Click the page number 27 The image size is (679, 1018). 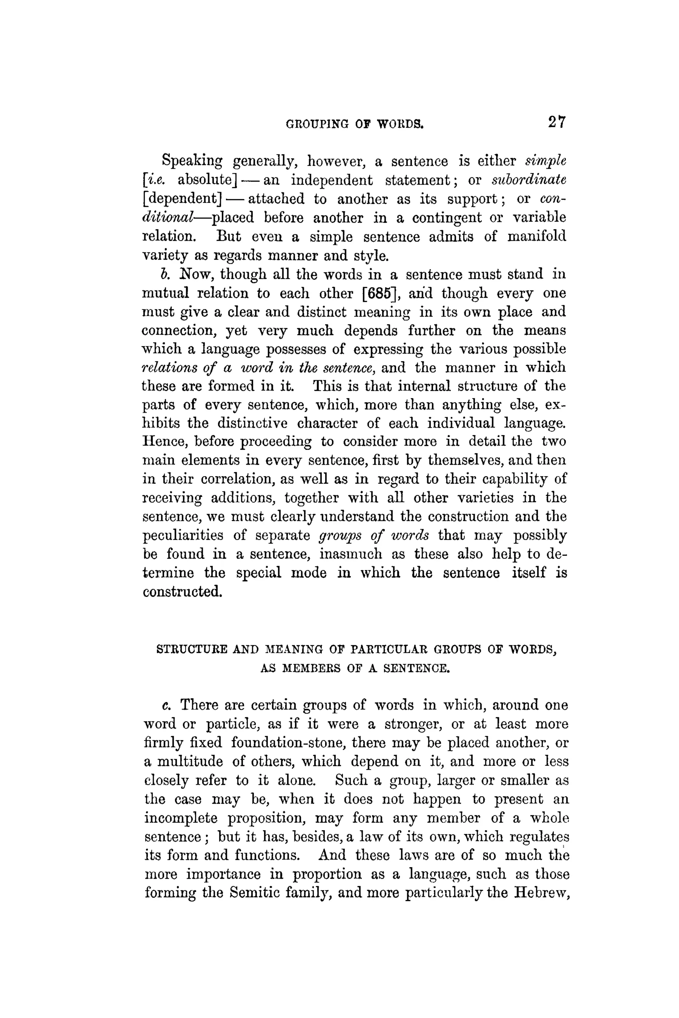pyautogui.click(x=556, y=123)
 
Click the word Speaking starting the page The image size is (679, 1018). pyautogui.click(x=192, y=161)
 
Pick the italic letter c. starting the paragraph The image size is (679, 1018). pyautogui.click(x=165, y=706)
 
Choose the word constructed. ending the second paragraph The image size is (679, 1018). pyautogui.click(x=182, y=591)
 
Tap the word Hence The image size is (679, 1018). pyautogui.click(x=164, y=442)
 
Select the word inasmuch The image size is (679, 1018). pyautogui.click(x=351, y=554)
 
